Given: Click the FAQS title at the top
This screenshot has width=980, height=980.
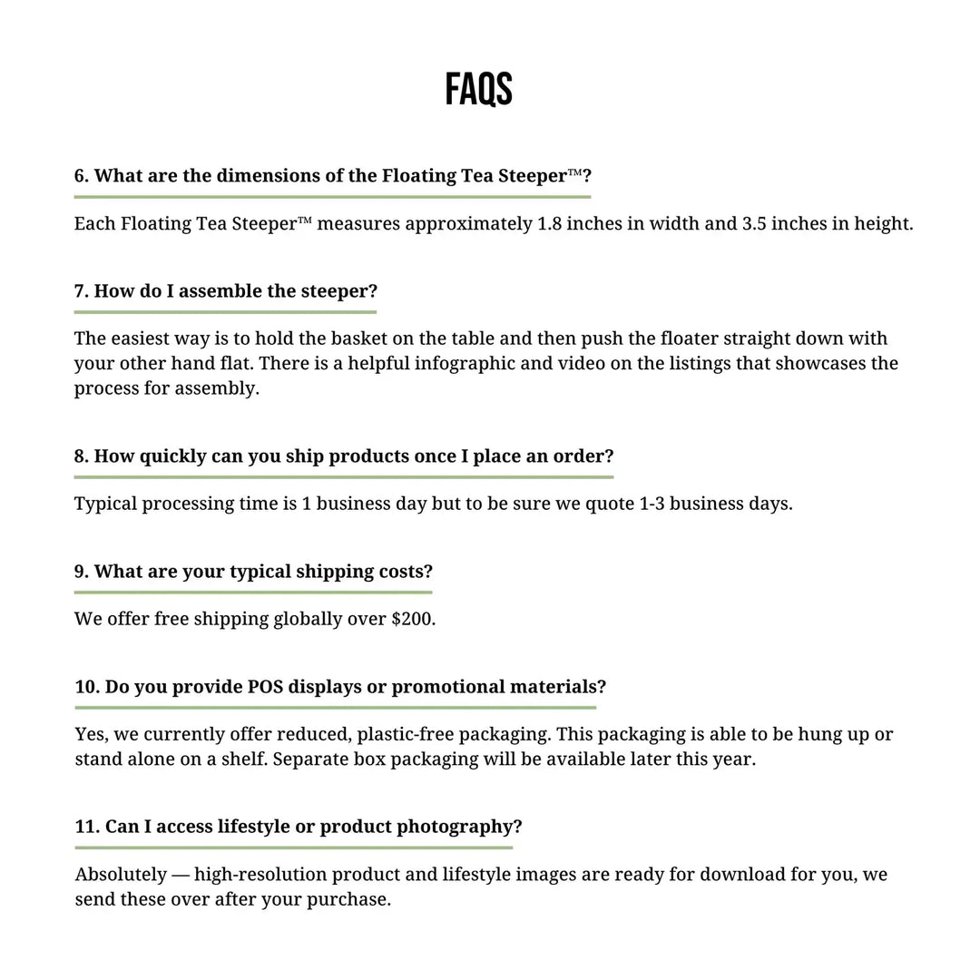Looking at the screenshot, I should pyautogui.click(x=478, y=90).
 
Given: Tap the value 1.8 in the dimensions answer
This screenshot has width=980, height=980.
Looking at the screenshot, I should pyautogui.click(x=549, y=223).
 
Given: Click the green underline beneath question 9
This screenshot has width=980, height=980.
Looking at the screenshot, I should pyautogui.click(x=253, y=593).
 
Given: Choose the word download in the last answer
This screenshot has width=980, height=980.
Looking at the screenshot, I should pyautogui.click(x=738, y=875).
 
